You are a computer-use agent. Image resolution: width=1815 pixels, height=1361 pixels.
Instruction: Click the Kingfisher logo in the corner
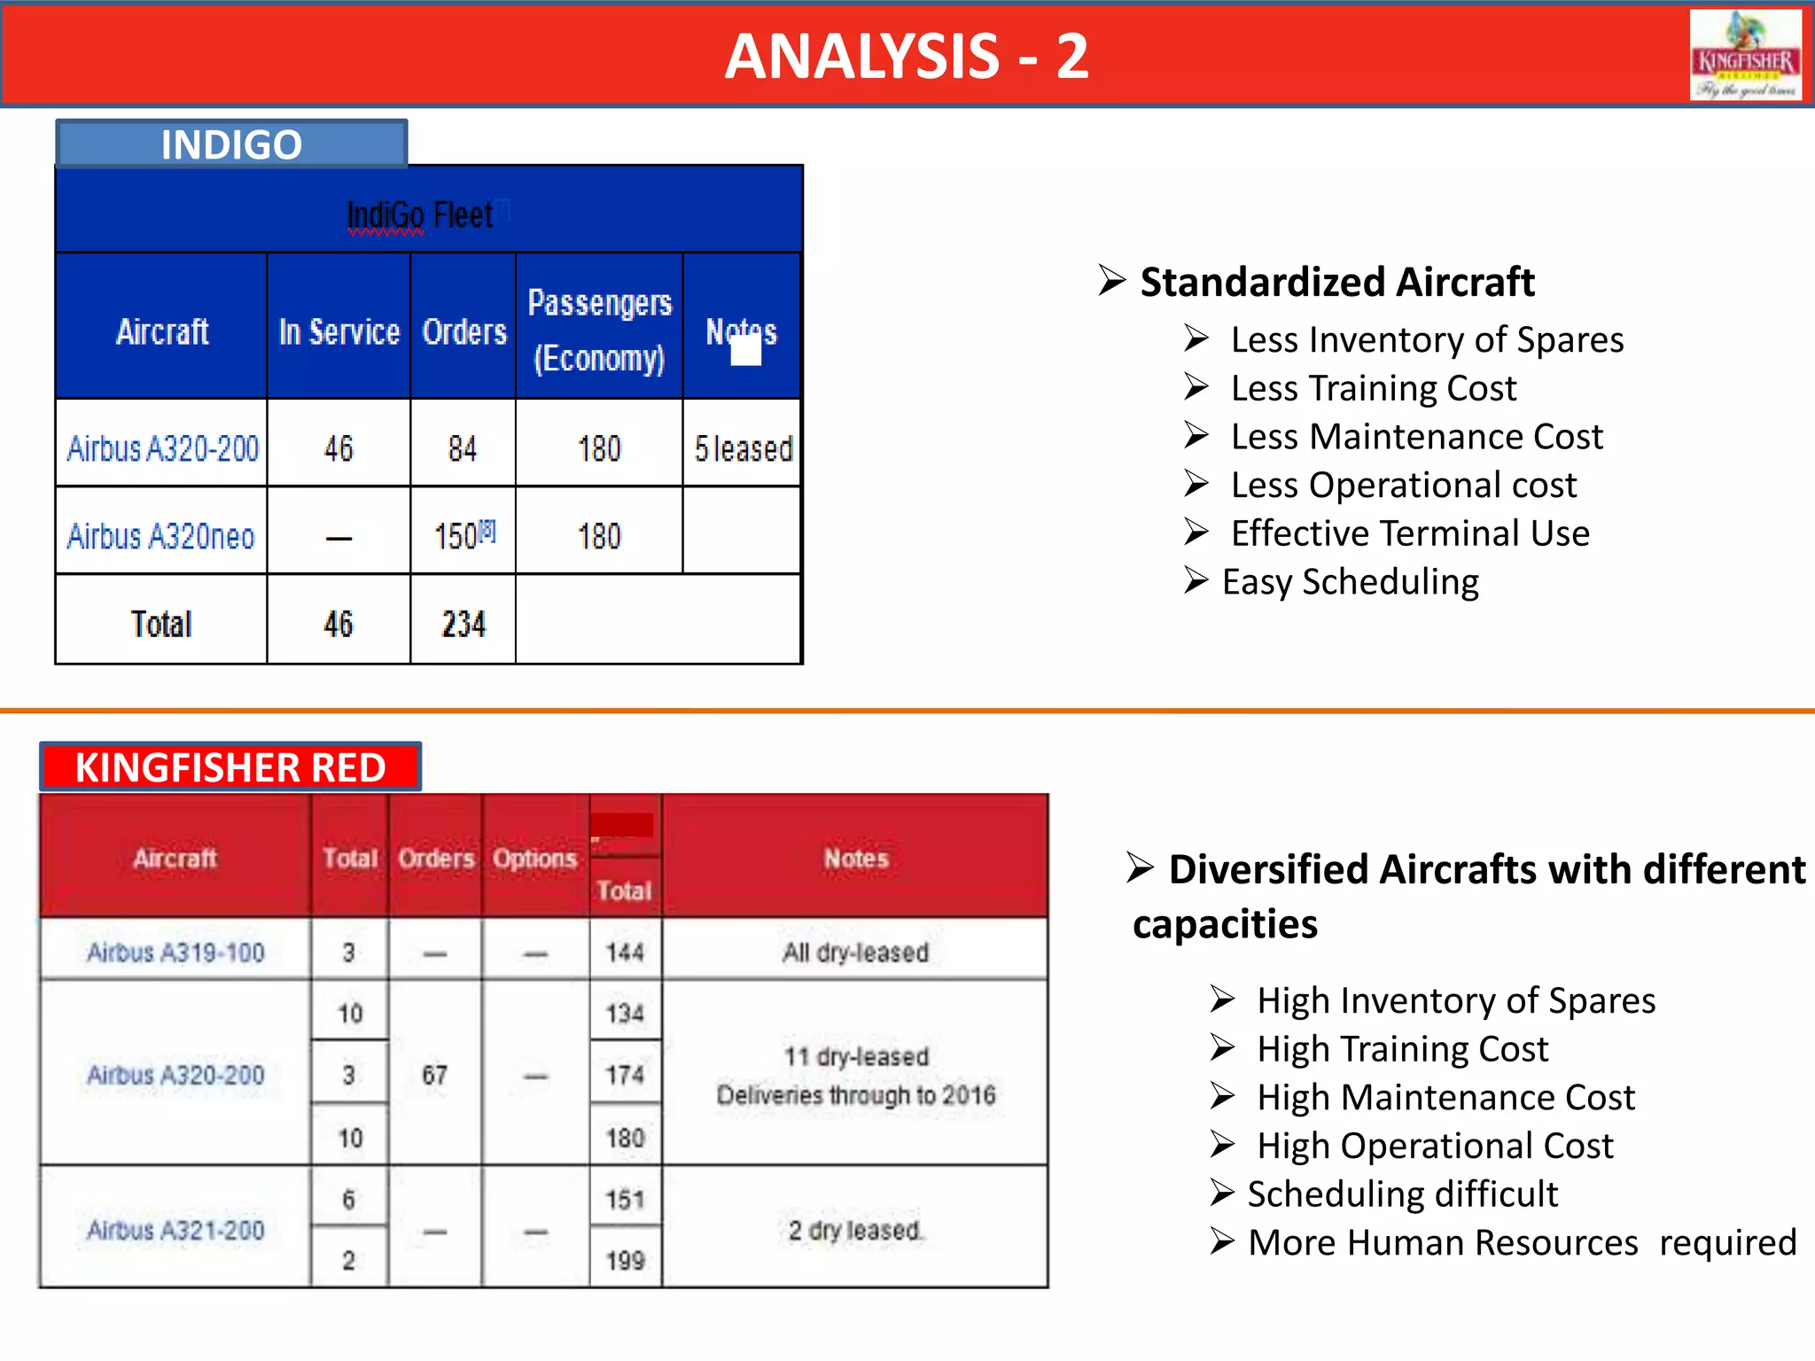[1744, 55]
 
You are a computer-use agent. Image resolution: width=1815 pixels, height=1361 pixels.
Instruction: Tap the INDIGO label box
[231, 144]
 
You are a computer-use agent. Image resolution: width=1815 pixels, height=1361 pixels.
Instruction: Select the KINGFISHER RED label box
[230, 767]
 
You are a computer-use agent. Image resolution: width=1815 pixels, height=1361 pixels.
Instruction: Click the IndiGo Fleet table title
[420, 214]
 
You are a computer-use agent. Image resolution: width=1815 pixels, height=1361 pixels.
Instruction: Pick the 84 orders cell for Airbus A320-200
[463, 448]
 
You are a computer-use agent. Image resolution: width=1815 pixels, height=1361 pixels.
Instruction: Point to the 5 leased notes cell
[743, 448]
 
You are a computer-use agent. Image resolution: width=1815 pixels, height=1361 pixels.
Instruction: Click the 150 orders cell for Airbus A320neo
[463, 535]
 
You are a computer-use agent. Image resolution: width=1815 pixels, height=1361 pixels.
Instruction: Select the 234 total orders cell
[463, 624]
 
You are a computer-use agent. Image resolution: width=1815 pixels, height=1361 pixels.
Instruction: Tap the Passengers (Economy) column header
[599, 330]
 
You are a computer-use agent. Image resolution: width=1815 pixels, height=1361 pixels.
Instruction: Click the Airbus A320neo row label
[161, 536]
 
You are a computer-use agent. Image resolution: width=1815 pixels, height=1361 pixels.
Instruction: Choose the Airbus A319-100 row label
[175, 953]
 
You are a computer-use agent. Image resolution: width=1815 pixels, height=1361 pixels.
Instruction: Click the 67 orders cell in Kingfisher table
[434, 1075]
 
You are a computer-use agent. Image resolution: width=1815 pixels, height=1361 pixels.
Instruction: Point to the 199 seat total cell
[625, 1260]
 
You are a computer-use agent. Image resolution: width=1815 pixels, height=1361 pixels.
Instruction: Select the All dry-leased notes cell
[855, 953]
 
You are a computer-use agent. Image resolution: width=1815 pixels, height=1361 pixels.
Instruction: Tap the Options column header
[534, 858]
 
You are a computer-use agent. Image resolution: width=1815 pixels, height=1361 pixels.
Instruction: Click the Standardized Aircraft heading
[1336, 283]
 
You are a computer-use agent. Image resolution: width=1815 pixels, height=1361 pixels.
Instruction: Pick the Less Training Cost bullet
[1373, 388]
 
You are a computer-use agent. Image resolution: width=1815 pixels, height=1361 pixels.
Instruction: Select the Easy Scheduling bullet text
[1350, 582]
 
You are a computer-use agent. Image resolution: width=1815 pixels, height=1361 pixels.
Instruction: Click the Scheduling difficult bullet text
[1402, 1194]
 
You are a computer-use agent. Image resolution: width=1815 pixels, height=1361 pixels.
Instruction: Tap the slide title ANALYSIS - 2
[906, 57]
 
